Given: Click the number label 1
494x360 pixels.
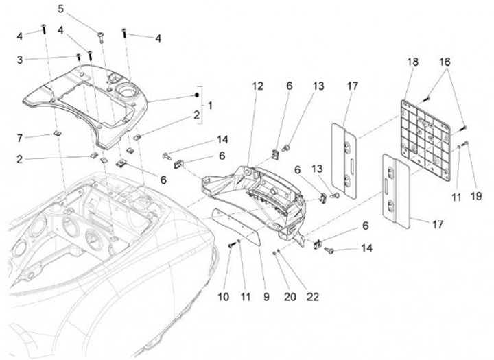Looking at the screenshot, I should (210, 106).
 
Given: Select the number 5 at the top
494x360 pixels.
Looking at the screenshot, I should (61, 9).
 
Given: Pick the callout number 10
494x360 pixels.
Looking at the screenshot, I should (222, 298).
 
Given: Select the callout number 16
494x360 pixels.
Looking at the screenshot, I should (445, 61).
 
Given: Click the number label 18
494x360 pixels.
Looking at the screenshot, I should (412, 61).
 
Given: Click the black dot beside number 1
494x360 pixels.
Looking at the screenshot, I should (197, 93).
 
